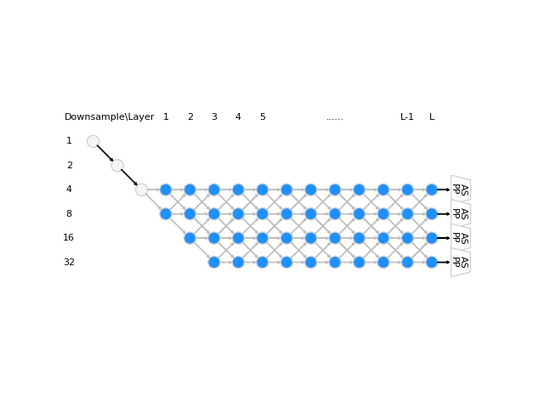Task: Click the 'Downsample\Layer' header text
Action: point(109,117)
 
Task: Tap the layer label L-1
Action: point(407,117)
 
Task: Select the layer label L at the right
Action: point(432,117)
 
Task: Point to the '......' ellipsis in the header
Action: point(335,117)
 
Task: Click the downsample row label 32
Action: point(69,263)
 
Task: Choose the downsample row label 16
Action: point(69,238)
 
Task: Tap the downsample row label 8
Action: point(69,214)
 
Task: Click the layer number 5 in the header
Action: point(263,117)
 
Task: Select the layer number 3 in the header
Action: point(214,117)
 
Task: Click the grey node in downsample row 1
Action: point(93,141)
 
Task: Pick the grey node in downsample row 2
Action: point(117,166)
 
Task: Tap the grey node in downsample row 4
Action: point(141,190)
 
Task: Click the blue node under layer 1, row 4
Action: point(166,190)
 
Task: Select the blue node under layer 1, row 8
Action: point(166,214)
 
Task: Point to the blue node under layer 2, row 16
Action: point(190,238)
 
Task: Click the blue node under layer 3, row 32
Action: point(214,263)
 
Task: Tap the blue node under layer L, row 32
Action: point(432,263)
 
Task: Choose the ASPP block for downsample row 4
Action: point(460,190)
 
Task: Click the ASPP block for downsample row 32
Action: point(460,263)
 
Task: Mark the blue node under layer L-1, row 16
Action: point(407,238)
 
